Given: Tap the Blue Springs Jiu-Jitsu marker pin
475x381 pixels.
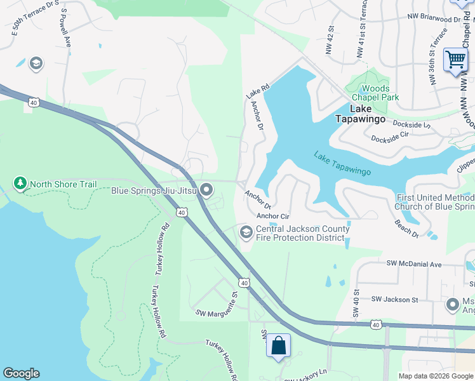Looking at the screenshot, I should (206, 190).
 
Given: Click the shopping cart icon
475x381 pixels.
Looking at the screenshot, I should (455, 60).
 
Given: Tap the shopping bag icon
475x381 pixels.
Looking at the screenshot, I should (278, 347).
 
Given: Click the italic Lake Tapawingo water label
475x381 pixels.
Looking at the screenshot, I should (342, 164).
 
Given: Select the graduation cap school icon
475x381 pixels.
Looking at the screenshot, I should (36, 63).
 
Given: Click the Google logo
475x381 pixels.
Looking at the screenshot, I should (21, 373).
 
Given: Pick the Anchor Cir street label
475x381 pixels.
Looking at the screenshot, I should (272, 216).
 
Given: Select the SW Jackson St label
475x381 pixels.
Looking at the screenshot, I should (394, 299).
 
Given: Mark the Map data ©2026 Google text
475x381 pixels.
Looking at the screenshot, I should (435, 376).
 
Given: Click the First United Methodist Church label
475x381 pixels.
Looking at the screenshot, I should (434, 202).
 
